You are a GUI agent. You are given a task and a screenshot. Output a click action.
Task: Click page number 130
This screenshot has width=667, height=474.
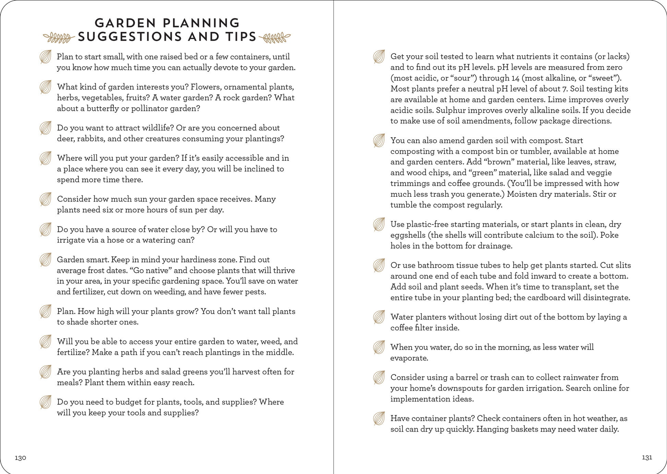[21, 458]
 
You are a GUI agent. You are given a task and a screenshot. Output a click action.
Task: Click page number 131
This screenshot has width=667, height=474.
[647, 458]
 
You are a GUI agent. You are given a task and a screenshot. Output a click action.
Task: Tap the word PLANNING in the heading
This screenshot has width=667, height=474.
[201, 23]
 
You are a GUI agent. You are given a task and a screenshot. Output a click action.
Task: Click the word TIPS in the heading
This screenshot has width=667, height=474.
[239, 37]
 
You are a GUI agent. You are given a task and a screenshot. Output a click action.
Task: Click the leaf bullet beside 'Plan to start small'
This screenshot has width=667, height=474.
[45, 57]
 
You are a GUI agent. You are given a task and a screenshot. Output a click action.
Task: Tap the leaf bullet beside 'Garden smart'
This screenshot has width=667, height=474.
[45, 260]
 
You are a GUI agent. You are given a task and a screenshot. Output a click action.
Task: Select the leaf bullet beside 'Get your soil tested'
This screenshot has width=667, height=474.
[379, 57]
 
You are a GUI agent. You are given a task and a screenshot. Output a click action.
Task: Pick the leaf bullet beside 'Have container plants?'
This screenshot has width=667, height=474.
[379, 418]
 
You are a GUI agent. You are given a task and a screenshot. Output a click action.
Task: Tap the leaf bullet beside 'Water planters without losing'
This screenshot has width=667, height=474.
[379, 317]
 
